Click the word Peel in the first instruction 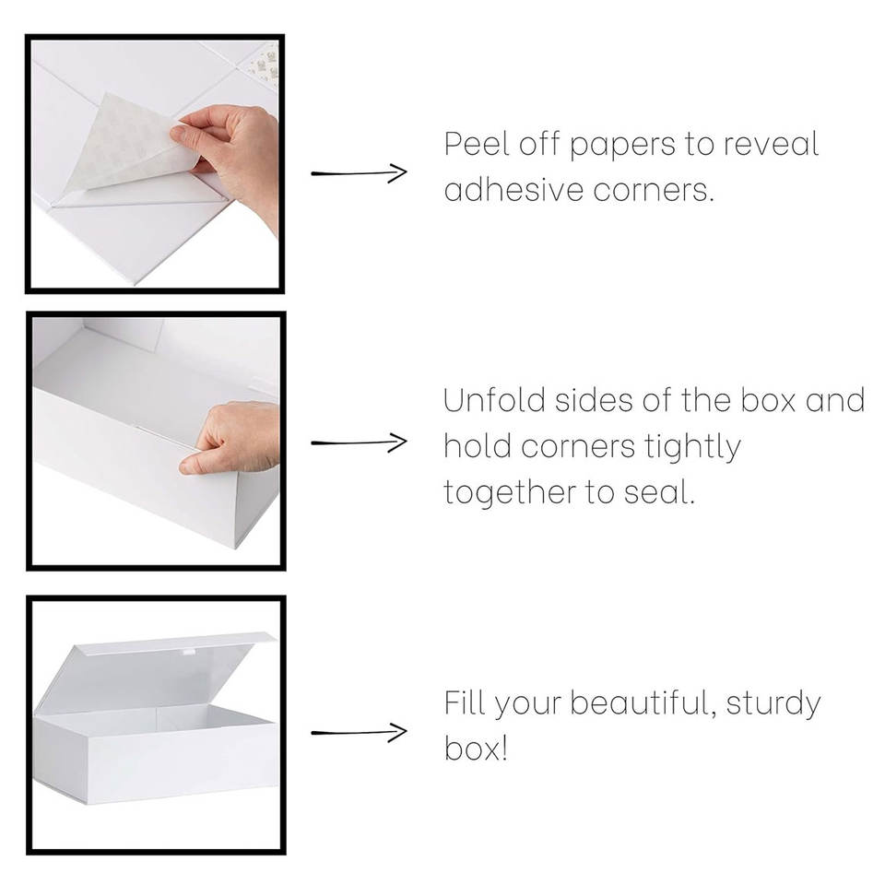(x=476, y=144)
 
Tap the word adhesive (x=513, y=190)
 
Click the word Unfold (x=494, y=400)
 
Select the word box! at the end (x=476, y=749)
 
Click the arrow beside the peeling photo (x=359, y=172)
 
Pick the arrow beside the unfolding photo (x=359, y=442)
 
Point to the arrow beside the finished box (x=359, y=732)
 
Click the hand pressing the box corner (x=234, y=437)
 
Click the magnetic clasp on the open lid (x=188, y=653)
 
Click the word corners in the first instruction (x=654, y=191)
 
